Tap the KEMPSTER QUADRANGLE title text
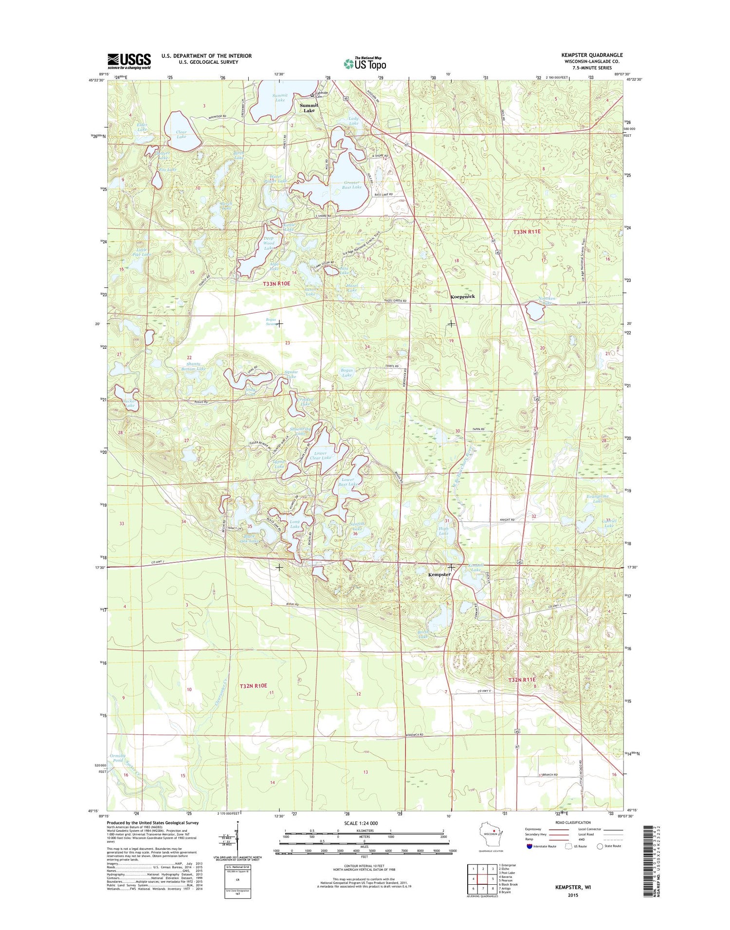[x=592, y=55]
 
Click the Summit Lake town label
[x=309, y=108]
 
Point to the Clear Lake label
[x=182, y=134]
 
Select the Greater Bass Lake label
[x=351, y=185]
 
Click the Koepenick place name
[x=462, y=296]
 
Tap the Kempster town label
[x=439, y=574]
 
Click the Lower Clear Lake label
[x=320, y=455]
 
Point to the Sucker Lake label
[x=129, y=403]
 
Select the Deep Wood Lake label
[x=269, y=243]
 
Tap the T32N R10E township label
[x=254, y=685]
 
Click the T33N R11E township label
[x=527, y=232]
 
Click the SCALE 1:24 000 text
[x=361, y=823]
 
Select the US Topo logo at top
[x=365, y=63]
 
